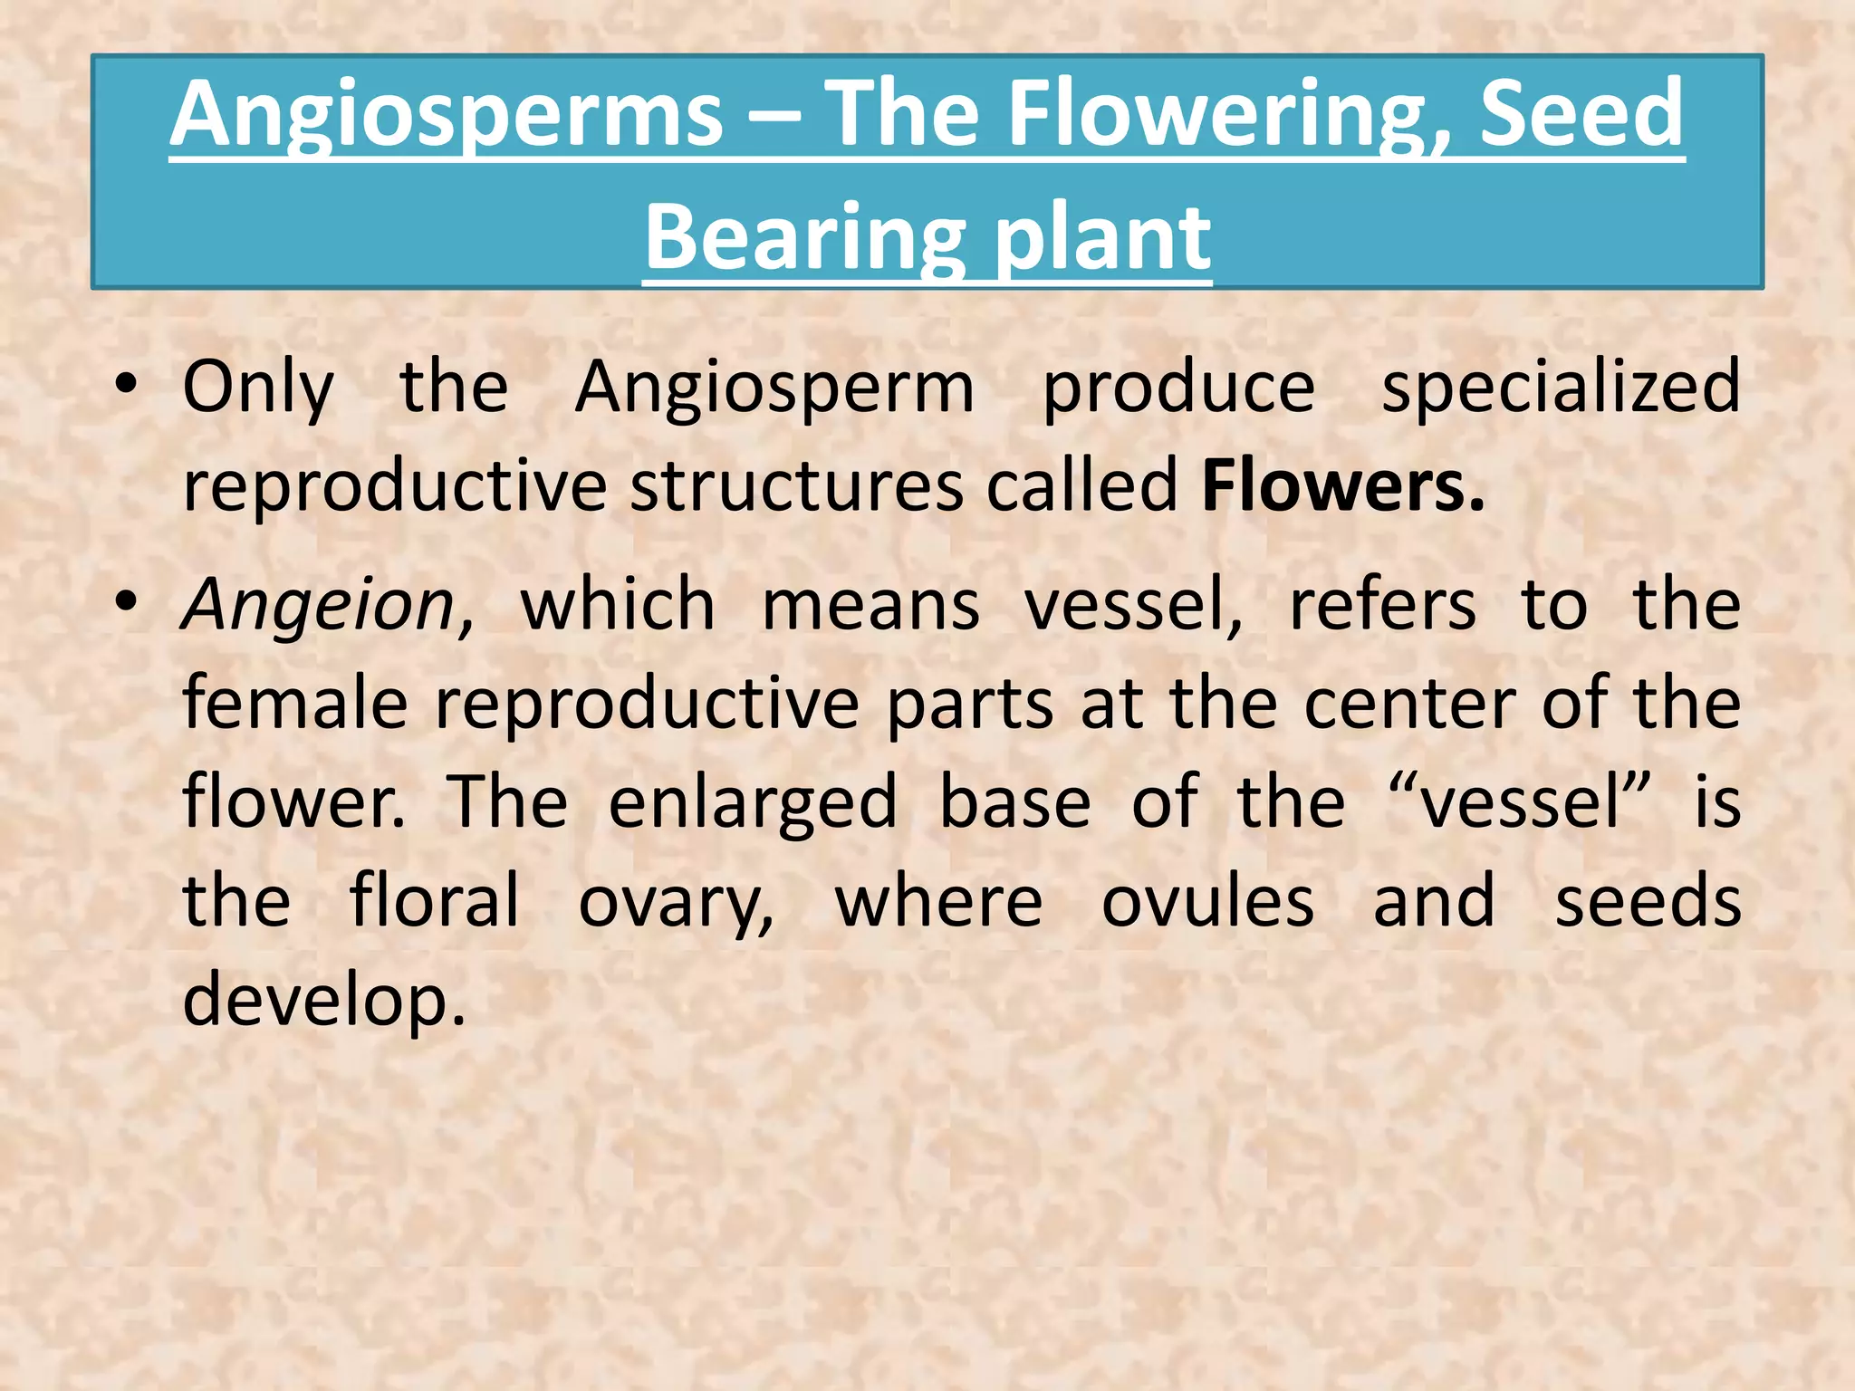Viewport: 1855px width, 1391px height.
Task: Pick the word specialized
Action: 1560,388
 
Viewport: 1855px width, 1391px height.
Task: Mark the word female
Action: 294,703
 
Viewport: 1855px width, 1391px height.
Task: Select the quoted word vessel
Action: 1521,802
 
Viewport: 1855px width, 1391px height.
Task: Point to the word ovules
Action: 1207,902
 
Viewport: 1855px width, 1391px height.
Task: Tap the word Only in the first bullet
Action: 258,388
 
